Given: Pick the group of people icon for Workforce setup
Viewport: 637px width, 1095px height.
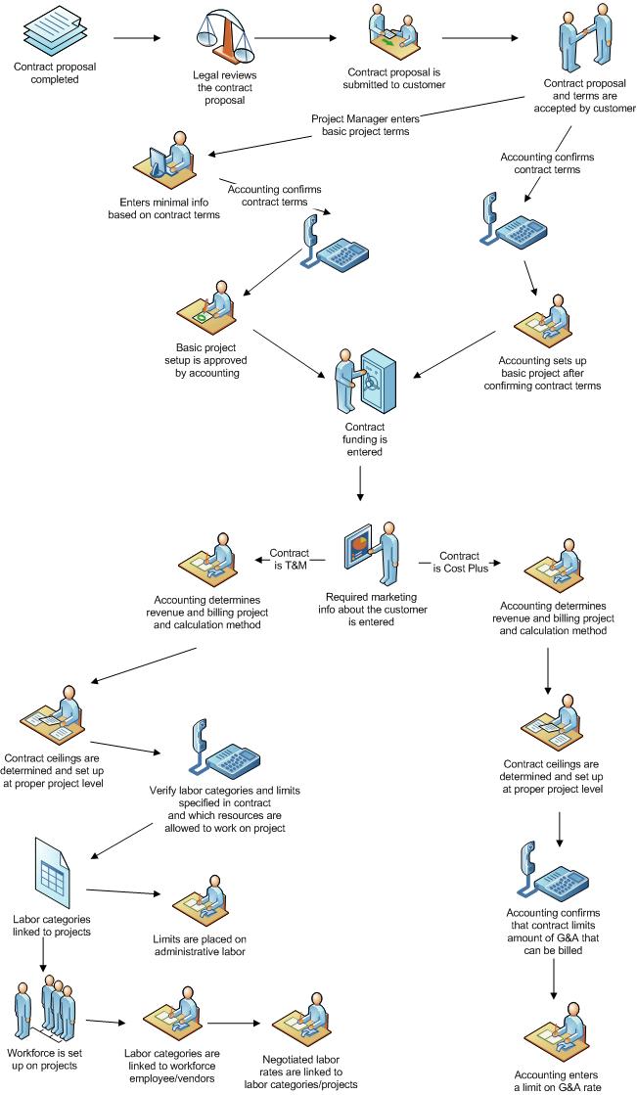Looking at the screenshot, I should (x=45, y=1009).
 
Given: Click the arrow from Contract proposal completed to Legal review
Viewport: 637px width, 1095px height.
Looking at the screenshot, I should (x=136, y=39).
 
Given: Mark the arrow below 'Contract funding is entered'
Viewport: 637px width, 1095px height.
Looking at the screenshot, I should (x=362, y=484).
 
